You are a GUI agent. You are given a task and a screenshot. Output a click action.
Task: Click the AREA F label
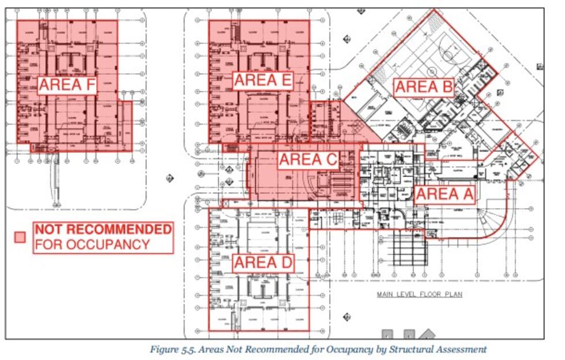point(67,85)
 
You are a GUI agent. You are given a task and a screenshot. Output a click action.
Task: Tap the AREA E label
point(263,80)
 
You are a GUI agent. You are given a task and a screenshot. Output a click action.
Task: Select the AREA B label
point(424,87)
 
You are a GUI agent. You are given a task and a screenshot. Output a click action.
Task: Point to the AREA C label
point(308,160)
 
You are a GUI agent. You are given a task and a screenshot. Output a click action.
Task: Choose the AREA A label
point(445,194)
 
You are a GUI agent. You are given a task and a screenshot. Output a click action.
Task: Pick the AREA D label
point(263,263)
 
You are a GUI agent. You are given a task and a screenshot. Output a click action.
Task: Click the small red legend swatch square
point(20,237)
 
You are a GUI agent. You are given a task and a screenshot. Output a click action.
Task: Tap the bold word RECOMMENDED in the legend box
point(119,229)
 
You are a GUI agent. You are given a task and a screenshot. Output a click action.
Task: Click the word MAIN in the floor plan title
point(386,294)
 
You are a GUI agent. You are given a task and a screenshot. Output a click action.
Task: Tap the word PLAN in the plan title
point(453,294)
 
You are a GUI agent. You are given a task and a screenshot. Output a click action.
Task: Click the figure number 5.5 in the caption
point(185,349)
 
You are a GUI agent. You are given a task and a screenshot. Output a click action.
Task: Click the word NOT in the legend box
point(47,229)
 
